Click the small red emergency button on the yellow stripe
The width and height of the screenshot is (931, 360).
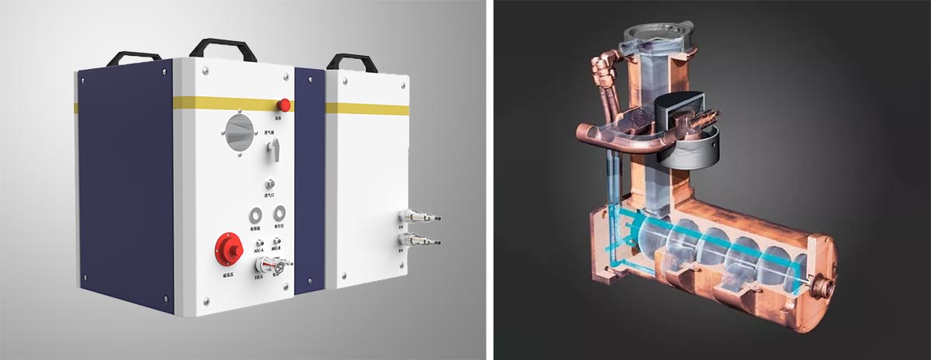click(x=285, y=104)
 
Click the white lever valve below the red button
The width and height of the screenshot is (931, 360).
click(x=272, y=155)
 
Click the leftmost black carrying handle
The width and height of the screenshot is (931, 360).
click(x=133, y=58)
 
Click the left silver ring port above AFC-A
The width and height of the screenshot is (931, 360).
click(x=254, y=214)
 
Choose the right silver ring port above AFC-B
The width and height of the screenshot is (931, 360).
click(x=279, y=213)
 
